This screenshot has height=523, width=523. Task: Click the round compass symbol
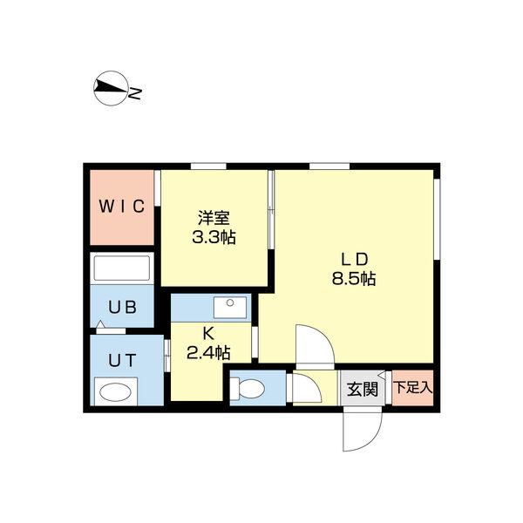[x=109, y=87]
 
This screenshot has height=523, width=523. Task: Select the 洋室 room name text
[x=213, y=218]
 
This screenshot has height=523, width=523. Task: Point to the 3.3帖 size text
[x=213, y=237]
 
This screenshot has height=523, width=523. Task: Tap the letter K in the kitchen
[x=208, y=332]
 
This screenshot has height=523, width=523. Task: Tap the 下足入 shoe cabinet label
[x=411, y=387]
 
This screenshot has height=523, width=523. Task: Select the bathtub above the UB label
[x=122, y=268]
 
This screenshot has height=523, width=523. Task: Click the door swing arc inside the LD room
[x=311, y=344]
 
